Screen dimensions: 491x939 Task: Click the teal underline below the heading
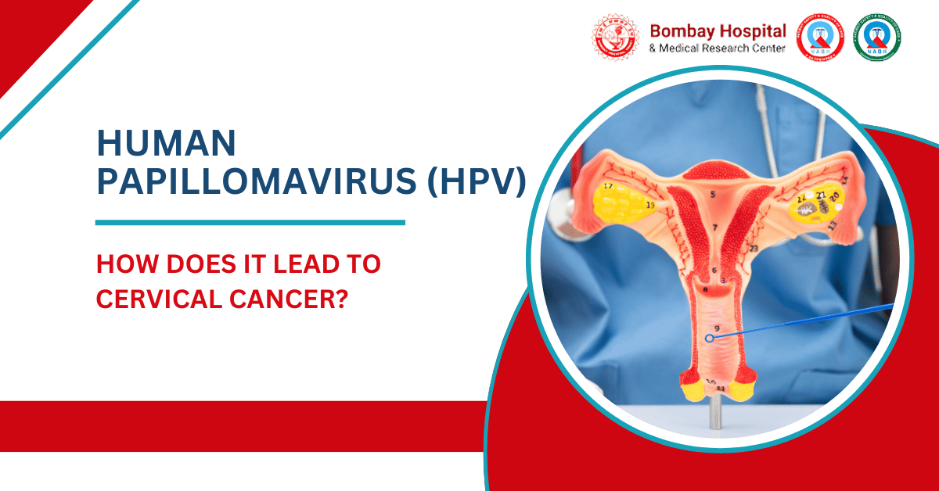(x=250, y=223)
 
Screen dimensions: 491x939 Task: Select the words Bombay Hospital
(x=718, y=32)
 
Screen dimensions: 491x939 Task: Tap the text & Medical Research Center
(x=718, y=48)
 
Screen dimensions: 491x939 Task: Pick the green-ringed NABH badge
(x=876, y=39)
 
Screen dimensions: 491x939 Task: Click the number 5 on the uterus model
(x=713, y=193)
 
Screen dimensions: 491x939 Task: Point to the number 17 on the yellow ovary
(x=608, y=186)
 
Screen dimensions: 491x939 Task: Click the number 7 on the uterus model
(x=714, y=228)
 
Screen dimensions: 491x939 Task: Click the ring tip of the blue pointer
(x=709, y=339)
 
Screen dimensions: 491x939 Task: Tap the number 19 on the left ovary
(x=650, y=205)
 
